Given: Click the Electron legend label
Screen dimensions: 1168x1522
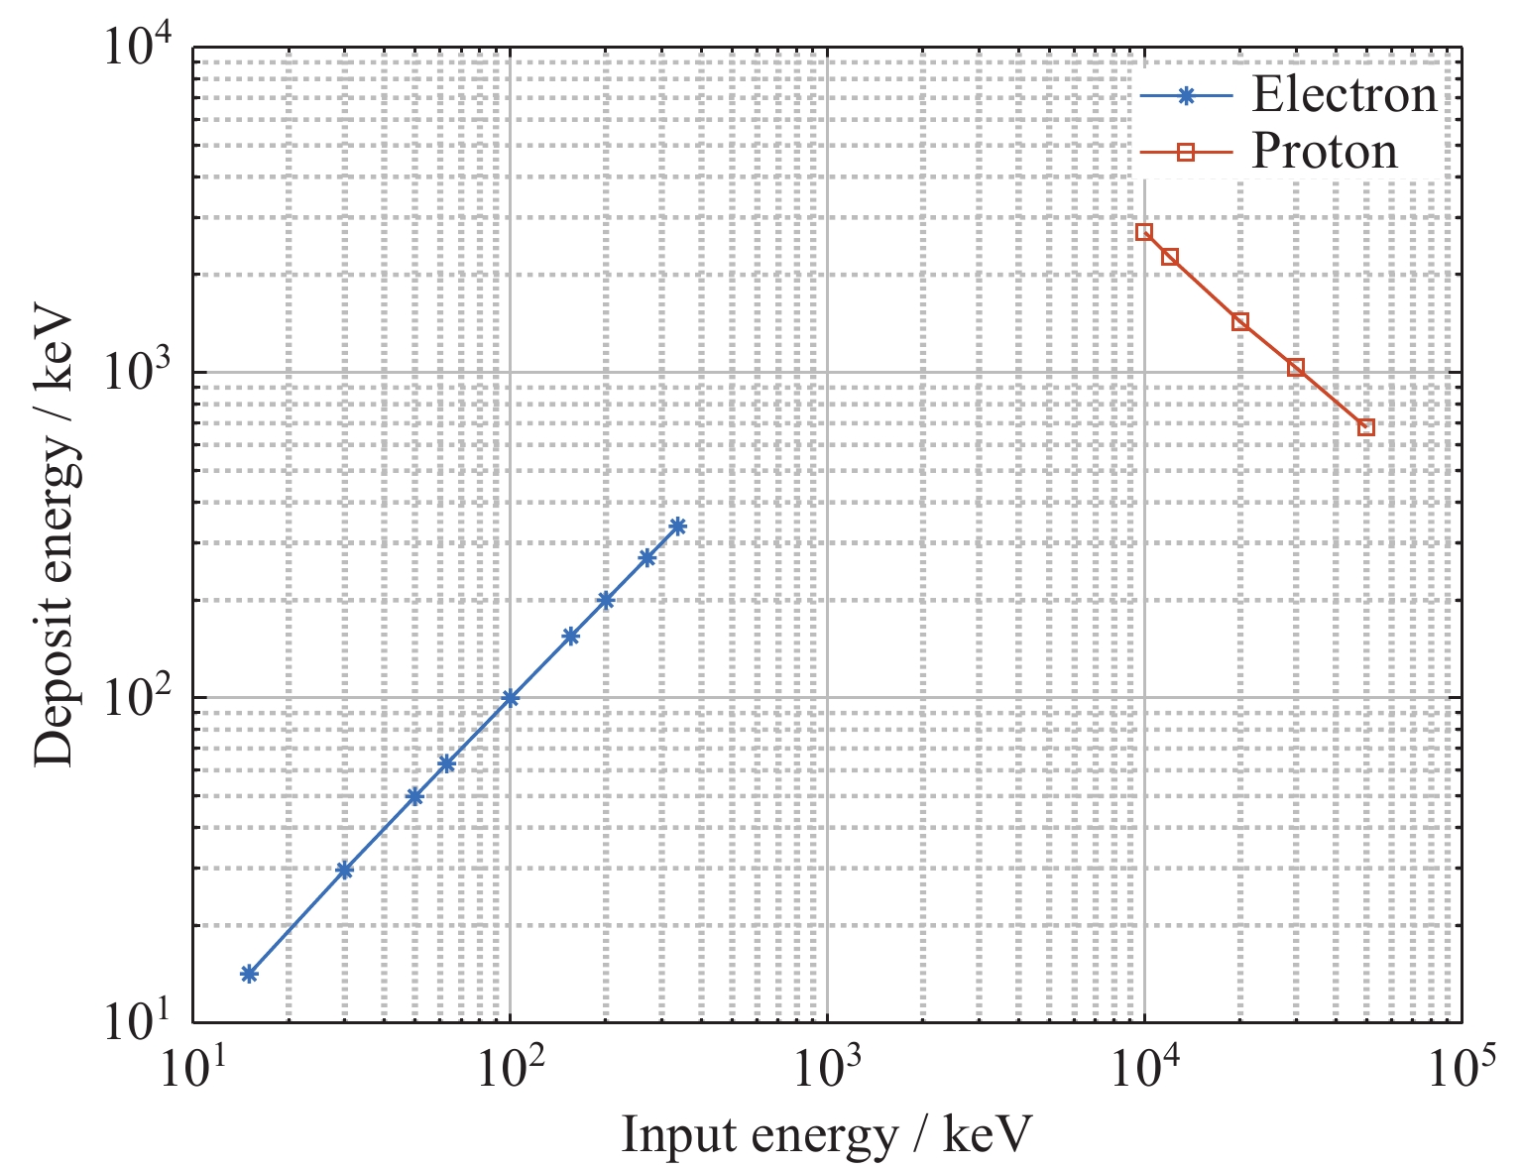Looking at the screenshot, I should point(1344,95).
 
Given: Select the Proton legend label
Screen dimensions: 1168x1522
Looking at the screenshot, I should point(1324,152).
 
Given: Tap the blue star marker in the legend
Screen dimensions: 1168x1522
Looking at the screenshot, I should point(1185,96).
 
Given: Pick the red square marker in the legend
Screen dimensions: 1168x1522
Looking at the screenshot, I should point(1185,152).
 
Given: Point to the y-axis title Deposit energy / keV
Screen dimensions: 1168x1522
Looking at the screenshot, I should point(56,535).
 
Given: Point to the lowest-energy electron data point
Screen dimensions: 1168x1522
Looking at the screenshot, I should point(249,974).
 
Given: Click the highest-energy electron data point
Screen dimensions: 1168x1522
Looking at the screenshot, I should point(677,526).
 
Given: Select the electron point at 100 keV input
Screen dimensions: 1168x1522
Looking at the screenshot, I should point(510,698).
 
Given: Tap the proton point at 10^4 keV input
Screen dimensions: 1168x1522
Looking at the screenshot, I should point(1144,232).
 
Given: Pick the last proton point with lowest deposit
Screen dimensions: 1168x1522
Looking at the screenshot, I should point(1366,427).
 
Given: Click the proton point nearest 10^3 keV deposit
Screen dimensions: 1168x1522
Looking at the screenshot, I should point(1296,368).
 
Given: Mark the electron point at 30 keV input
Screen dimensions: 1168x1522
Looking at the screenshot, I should point(344,871).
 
